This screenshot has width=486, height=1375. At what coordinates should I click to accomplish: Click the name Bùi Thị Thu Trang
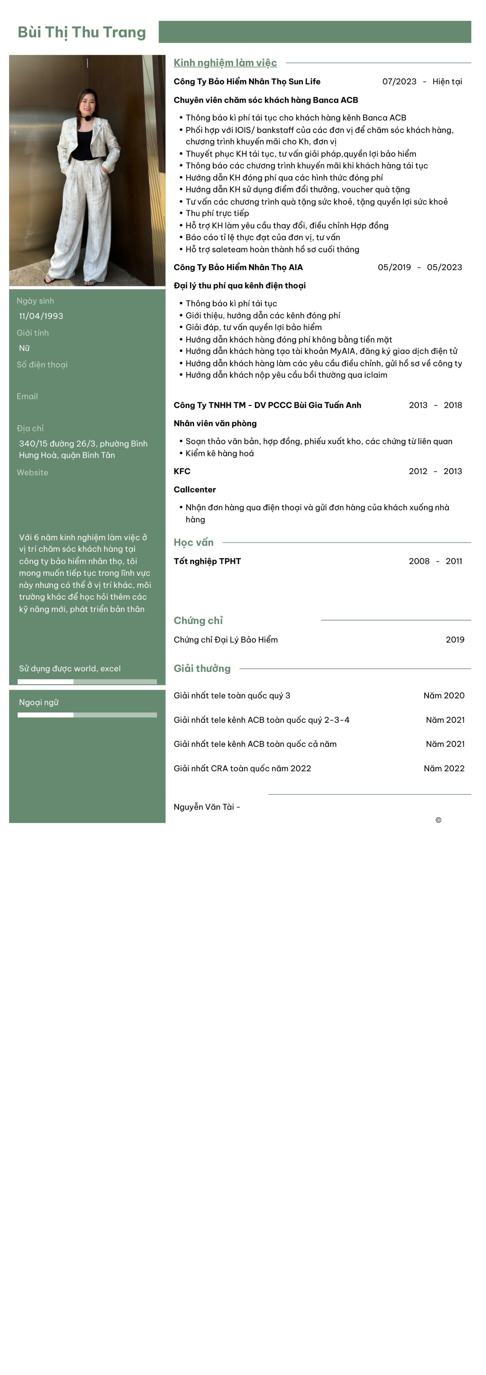[82, 33]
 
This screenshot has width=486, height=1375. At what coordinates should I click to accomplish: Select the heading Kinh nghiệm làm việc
[225, 63]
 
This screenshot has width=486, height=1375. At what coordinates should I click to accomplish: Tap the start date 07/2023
[399, 82]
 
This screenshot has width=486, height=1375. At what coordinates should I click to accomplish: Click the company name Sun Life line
[247, 82]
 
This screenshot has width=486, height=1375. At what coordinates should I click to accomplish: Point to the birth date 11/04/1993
[41, 316]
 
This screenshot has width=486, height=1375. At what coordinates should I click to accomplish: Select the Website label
[33, 472]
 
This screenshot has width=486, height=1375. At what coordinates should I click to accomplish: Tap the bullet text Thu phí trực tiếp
[217, 213]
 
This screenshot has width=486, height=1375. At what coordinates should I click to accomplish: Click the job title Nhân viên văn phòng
[215, 423]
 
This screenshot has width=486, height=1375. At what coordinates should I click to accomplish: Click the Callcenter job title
[194, 489]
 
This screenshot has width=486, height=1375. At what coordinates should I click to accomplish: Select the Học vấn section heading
[193, 542]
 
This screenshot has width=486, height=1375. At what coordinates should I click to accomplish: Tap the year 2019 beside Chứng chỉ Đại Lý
[454, 640]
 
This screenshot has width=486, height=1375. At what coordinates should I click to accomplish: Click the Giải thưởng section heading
[202, 668]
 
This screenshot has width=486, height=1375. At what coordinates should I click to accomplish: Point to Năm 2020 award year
[443, 695]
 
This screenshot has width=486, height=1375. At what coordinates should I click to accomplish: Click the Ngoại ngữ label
[39, 702]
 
